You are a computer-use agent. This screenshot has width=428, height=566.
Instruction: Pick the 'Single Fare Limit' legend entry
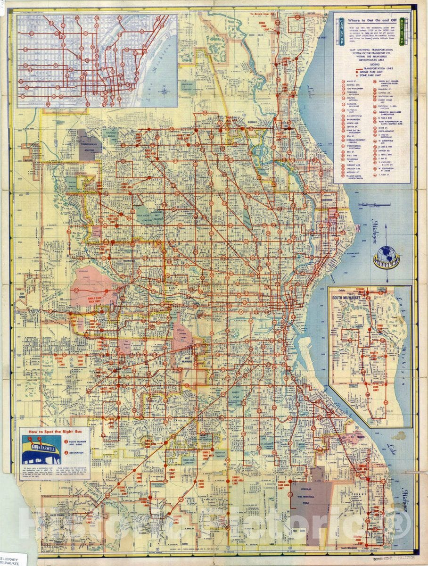[x=372, y=71]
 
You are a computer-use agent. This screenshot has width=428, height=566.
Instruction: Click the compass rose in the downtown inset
[x=165, y=91]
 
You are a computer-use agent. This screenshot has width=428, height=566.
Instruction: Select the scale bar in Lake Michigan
[x=372, y=205]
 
